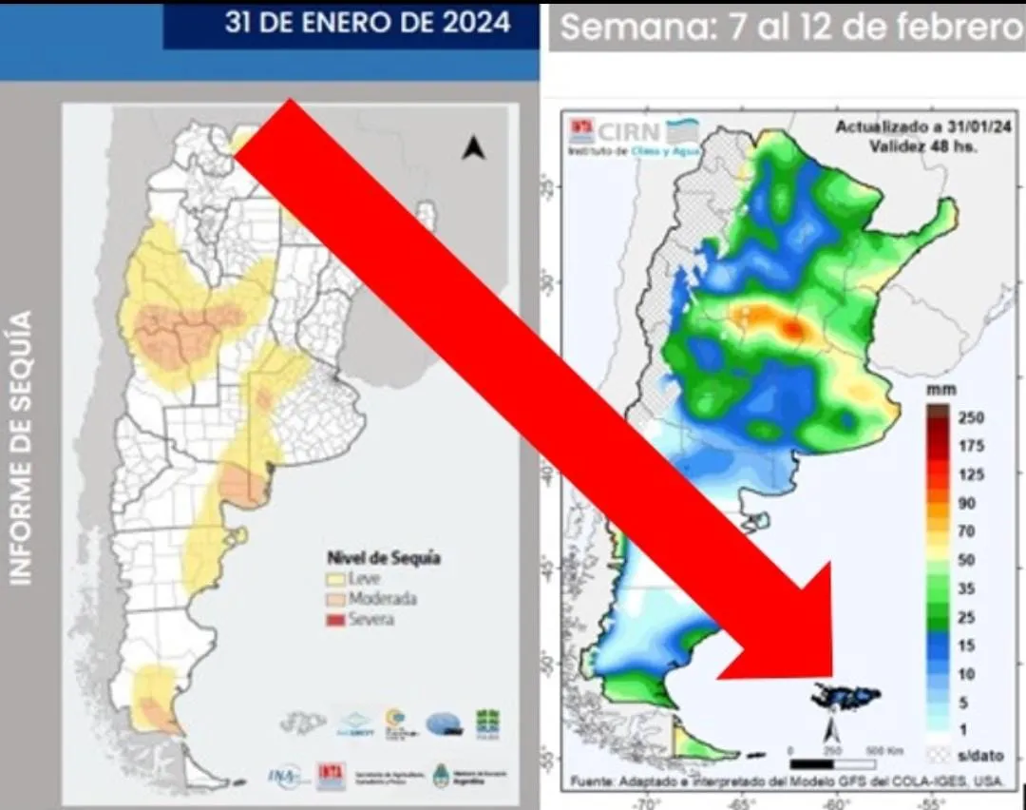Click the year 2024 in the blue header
click(476, 23)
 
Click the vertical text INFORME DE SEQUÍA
click(21, 447)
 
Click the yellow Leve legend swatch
click(334, 579)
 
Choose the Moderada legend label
click(382, 599)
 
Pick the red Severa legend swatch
click(334, 620)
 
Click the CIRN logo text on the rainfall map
click(630, 130)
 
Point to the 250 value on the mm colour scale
click(972, 417)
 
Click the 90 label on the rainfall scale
click(967, 503)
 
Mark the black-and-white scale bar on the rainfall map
click(832, 762)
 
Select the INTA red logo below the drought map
click(331, 776)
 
